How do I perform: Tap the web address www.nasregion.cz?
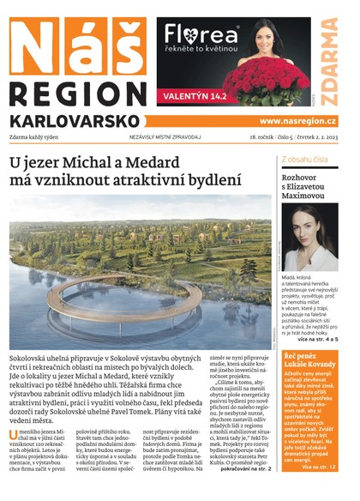click(298, 121)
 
